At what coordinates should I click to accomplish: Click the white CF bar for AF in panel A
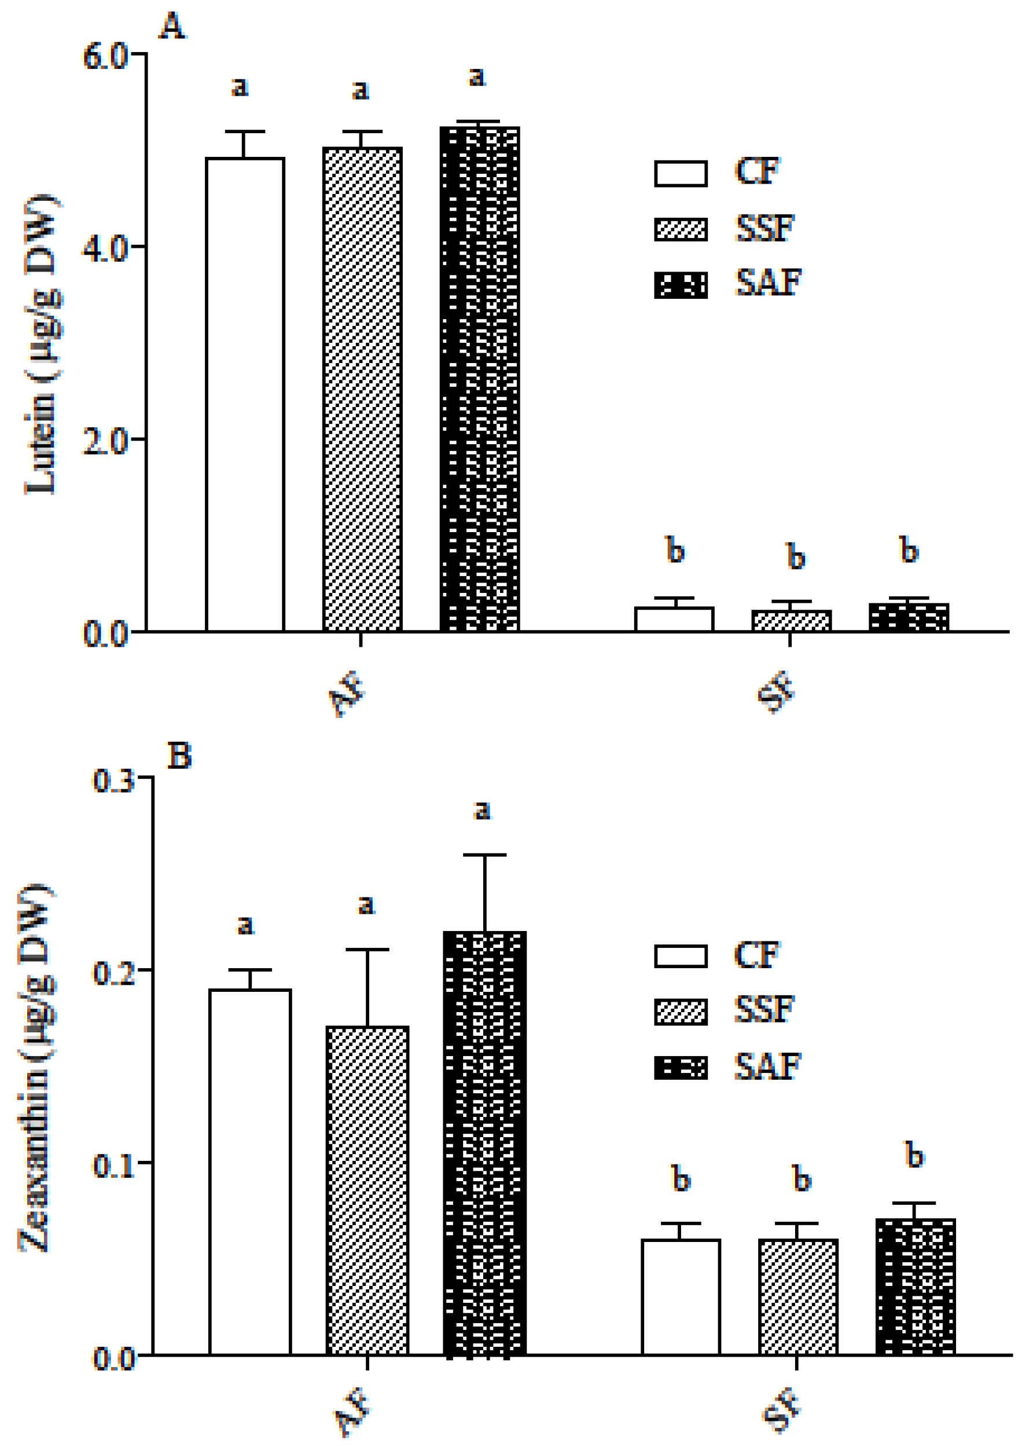pos(245,394)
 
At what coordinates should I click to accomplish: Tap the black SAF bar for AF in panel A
pos(480,379)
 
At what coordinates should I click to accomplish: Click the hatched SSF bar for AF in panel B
pos(367,1190)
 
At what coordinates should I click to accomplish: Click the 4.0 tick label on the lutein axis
pos(105,248)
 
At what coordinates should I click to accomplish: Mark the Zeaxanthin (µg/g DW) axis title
pos(34,1069)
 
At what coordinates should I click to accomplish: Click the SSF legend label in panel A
pos(764,228)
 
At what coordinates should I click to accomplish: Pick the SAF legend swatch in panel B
pos(681,1067)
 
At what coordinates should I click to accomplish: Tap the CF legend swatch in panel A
pos(681,173)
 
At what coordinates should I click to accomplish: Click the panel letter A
pos(172,27)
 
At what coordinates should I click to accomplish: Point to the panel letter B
pos(179,756)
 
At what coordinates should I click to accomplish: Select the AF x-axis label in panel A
pos(347,695)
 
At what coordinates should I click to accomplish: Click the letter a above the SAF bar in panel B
pos(483,810)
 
